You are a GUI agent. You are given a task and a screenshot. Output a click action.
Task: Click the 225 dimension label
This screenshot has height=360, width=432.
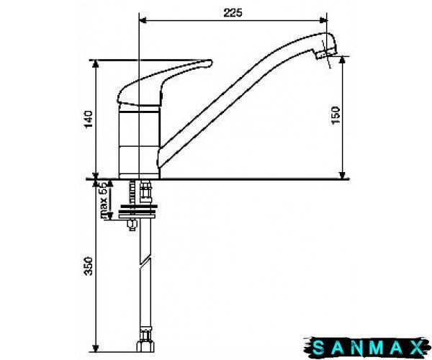(233, 13)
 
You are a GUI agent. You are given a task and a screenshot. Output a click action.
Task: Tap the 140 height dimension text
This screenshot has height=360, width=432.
(89, 120)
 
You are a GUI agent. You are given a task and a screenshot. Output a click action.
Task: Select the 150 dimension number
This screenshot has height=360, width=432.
(336, 115)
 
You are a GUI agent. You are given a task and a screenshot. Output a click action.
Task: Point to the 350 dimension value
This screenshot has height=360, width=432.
(89, 266)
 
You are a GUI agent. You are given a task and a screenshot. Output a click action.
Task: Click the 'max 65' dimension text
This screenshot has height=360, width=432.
(103, 200)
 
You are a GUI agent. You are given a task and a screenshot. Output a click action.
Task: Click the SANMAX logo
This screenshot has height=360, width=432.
(367, 348)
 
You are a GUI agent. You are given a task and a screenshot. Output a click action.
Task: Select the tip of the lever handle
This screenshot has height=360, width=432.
(210, 63)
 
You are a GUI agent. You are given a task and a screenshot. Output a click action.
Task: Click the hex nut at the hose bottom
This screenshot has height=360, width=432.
(145, 346)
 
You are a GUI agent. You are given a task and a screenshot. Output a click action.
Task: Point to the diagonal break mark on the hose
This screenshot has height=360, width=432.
(145, 262)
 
